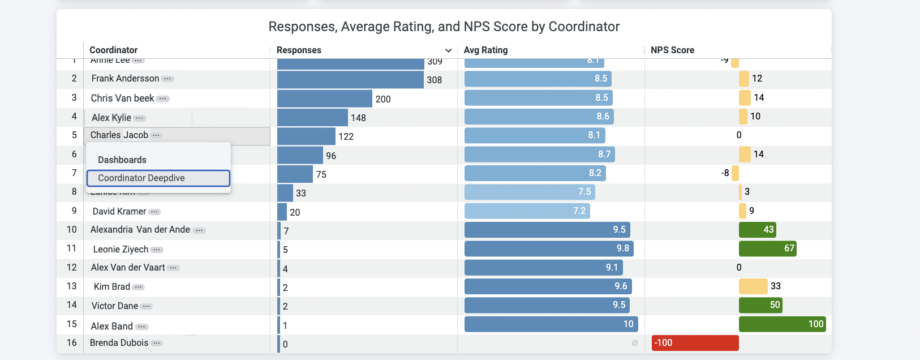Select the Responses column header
point(299,50)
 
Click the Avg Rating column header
point(485,50)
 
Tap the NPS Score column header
point(672,50)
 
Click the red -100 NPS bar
point(695,343)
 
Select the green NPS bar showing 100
point(782,324)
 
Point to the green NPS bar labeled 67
point(767,248)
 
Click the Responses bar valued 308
point(350,80)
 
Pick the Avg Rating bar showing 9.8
point(548,248)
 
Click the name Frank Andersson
point(125,79)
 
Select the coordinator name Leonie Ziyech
point(121,249)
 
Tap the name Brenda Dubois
point(119,343)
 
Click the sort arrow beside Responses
point(448,50)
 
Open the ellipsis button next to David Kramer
point(154,212)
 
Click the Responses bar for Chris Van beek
point(325,98)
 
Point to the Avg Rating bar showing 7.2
point(527,211)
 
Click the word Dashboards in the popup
point(122,160)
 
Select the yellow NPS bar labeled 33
point(753,286)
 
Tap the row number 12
point(72,267)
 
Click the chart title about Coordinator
point(444,27)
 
